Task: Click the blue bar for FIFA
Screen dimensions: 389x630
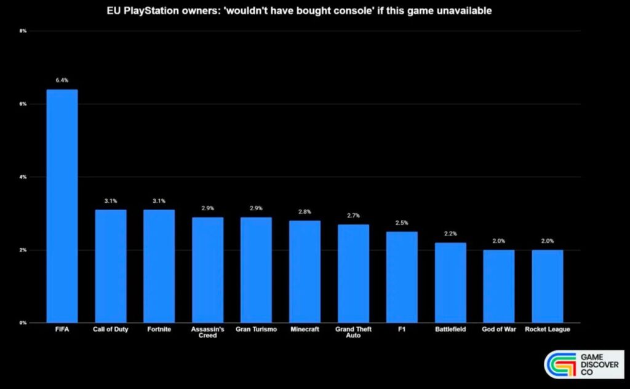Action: click(62, 206)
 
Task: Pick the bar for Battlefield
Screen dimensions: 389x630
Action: click(450, 283)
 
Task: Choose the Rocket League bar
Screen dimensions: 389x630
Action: click(548, 286)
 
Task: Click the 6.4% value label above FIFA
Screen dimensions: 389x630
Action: click(62, 80)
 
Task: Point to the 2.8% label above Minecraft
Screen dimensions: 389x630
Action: click(305, 211)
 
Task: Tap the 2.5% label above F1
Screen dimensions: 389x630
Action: click(402, 222)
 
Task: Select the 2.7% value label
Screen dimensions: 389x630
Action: click(353, 215)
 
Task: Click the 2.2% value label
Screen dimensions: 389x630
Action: click(450, 234)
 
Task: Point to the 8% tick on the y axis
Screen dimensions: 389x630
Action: click(23, 31)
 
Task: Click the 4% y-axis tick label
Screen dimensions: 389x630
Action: click(23, 177)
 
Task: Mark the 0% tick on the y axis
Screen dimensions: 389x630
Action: click(23, 323)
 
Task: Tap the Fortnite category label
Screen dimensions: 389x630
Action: click(159, 329)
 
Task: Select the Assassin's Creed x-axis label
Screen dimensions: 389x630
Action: click(207, 332)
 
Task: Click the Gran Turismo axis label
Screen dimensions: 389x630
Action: click(256, 329)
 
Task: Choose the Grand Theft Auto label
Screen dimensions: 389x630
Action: click(353, 332)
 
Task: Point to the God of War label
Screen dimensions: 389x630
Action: click(499, 329)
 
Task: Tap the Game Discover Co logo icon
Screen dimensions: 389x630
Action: click(559, 364)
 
